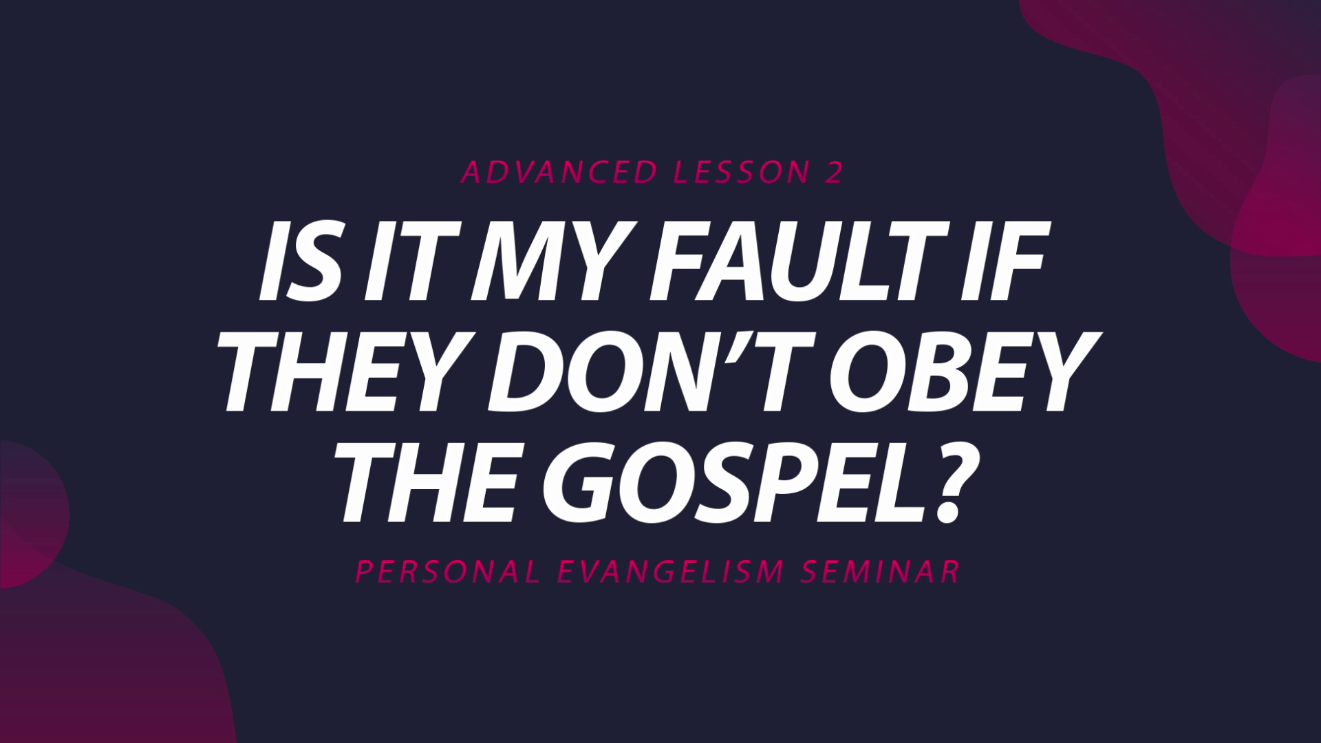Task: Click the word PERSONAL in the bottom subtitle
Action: pyautogui.click(x=447, y=572)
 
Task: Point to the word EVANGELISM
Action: pyautogui.click(x=671, y=572)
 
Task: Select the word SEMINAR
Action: pyautogui.click(x=881, y=572)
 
